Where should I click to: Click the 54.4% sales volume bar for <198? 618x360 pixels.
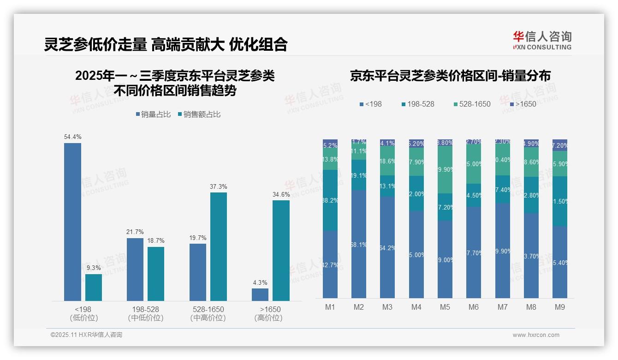click(x=72, y=222)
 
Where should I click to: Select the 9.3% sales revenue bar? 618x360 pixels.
click(x=94, y=287)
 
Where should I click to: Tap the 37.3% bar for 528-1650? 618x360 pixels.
click(x=219, y=246)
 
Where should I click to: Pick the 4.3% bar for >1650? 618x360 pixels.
click(x=260, y=294)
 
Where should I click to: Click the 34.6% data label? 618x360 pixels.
click(x=281, y=194)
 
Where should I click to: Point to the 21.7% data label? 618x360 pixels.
click(x=135, y=232)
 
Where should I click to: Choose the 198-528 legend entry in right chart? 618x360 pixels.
click(x=417, y=104)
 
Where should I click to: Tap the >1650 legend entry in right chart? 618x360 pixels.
click(x=523, y=104)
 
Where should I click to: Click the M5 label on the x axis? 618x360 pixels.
click(x=445, y=307)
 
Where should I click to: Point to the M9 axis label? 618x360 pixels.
click(x=559, y=307)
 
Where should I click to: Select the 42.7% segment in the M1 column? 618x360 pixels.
click(x=330, y=264)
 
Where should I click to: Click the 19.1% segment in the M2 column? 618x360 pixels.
click(x=359, y=175)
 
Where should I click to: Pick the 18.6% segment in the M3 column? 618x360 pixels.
click(x=387, y=161)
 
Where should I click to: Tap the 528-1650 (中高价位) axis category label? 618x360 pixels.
click(x=208, y=313)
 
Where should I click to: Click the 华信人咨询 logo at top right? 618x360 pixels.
click(x=542, y=40)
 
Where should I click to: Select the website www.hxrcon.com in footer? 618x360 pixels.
click(x=536, y=335)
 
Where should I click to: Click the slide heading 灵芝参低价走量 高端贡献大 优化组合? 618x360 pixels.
click(x=166, y=44)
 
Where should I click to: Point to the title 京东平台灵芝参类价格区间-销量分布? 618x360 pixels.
click(x=450, y=76)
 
